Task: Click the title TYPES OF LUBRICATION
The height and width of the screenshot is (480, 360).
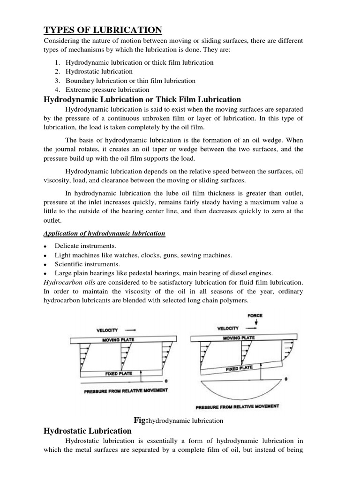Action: tap(103, 30)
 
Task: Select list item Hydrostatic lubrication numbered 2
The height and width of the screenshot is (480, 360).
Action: tap(99, 72)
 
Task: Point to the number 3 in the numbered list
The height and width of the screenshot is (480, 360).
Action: tap(57, 81)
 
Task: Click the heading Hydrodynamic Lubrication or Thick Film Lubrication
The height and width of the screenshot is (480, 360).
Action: tap(142, 99)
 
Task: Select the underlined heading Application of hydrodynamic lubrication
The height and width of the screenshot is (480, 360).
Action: tap(104, 233)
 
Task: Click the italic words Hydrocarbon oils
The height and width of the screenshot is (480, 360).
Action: tap(64, 282)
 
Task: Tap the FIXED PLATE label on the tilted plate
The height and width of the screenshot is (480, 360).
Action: tap(239, 369)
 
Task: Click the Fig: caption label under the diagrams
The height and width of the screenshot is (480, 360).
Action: tap(141, 420)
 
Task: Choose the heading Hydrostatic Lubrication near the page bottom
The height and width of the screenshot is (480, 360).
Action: tap(87, 431)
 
